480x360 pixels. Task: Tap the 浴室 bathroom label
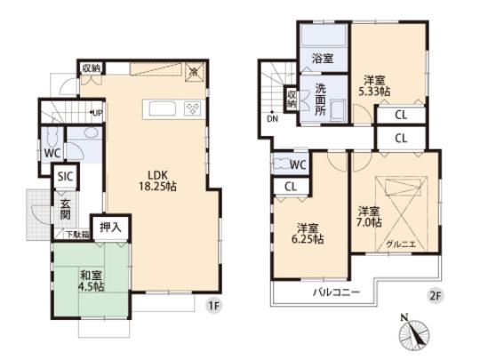[323, 60]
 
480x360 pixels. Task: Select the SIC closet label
[65, 176]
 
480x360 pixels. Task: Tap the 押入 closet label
[109, 228]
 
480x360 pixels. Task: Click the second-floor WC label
[298, 164]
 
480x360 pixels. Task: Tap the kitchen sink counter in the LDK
[173, 108]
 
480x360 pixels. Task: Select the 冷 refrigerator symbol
[194, 71]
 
